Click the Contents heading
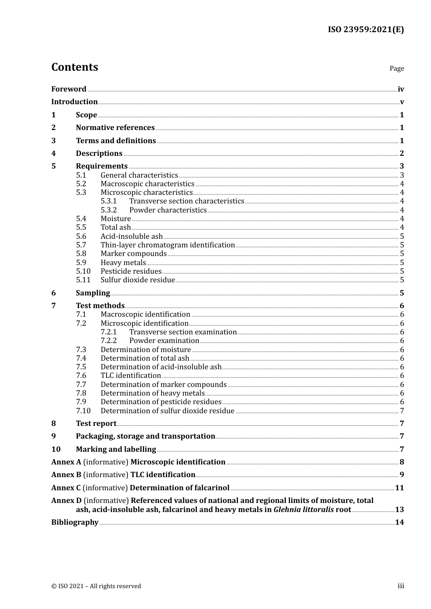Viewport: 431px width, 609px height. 74,67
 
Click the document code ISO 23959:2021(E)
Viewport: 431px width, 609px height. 366,29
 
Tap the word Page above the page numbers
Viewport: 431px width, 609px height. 397,68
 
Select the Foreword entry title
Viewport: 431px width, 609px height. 69,89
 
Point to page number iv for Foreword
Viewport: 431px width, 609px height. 401,89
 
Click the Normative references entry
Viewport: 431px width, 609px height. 115,128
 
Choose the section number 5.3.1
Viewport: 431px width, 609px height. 109,201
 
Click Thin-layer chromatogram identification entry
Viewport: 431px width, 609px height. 167,245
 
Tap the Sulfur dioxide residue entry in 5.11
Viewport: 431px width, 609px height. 137,280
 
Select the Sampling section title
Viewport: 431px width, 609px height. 93,293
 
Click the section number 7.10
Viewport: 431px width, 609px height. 83,411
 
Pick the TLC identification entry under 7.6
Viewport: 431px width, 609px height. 131,376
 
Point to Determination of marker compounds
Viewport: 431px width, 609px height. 163,385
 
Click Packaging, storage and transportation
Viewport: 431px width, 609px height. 145,436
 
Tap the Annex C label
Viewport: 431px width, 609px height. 66,488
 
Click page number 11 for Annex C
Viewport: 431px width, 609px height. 399,488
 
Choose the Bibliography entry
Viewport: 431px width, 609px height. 75,522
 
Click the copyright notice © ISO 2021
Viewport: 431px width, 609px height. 96,586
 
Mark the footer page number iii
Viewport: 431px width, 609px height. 401,586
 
